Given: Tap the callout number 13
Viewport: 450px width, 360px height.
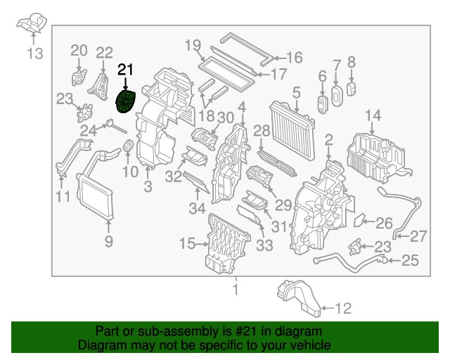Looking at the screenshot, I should coord(35,53).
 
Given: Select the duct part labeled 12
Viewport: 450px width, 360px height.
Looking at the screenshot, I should coord(300,295).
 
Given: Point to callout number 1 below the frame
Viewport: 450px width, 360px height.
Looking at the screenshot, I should coord(236,289).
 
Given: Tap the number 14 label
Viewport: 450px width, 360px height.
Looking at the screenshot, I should coord(373,115).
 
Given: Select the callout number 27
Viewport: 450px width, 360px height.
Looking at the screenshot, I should coord(418,236).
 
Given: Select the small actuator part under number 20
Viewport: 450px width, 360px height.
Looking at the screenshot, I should coord(78,76).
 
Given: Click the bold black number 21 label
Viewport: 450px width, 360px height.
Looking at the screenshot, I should coord(125,69).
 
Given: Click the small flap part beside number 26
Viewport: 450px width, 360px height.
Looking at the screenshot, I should coord(358,221).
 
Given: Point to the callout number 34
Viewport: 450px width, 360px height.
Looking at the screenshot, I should coord(198,207).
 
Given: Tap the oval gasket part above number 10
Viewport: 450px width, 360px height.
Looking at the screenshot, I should coord(129,147).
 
